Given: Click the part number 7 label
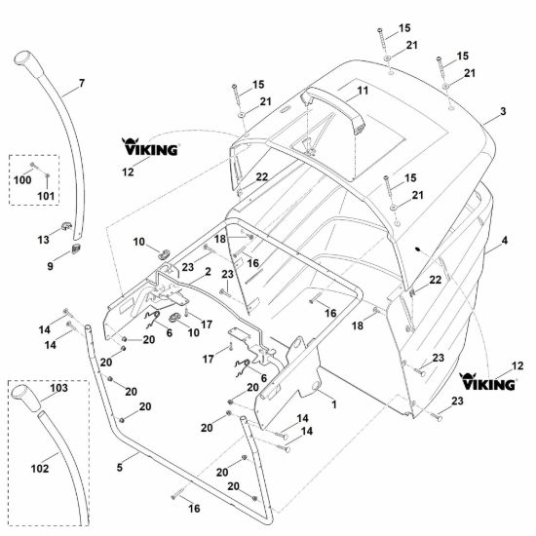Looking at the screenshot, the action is [x=82, y=83].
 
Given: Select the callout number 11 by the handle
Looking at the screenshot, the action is [x=363, y=91].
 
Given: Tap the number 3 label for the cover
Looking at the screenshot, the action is [x=503, y=111].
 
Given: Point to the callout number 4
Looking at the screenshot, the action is [x=505, y=241].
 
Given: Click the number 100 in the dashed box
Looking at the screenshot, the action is [x=22, y=180].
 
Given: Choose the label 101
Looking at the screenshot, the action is [x=46, y=196].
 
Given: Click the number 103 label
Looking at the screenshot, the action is [x=58, y=388].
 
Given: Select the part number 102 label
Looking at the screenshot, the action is [x=40, y=469].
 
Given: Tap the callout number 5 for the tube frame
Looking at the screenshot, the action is [x=119, y=467].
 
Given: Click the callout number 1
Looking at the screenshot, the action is [x=334, y=404].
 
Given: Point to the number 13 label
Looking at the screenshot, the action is [x=44, y=240].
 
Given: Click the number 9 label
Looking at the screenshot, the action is [x=51, y=266].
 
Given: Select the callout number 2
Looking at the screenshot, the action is [x=208, y=272].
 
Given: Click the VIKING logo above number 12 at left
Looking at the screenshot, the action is [x=150, y=147].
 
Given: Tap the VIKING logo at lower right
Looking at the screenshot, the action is [x=487, y=382].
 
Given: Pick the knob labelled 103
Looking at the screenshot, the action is [x=26, y=399].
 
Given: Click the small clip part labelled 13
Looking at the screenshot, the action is [x=65, y=226].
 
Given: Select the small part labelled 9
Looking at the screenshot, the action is [x=76, y=249].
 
